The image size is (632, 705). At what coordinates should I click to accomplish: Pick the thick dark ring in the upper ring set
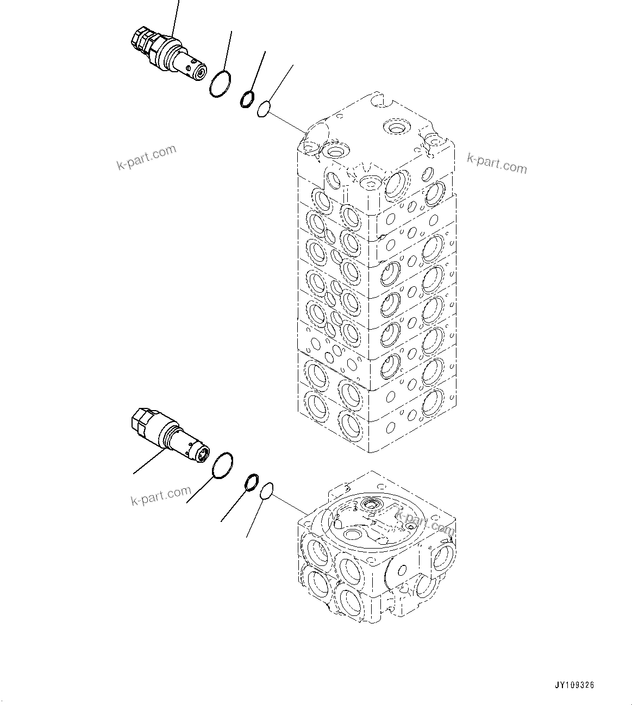click(x=247, y=98)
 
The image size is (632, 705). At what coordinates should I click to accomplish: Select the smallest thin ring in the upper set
click(x=264, y=108)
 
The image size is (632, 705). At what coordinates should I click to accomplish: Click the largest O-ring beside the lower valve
click(x=222, y=467)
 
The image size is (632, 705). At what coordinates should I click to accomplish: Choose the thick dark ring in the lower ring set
click(x=252, y=481)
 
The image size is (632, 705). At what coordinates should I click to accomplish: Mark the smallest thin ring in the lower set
click(x=266, y=491)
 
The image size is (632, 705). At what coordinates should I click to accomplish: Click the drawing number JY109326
click(x=575, y=685)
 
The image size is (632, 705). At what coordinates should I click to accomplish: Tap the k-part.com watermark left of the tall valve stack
click(x=147, y=158)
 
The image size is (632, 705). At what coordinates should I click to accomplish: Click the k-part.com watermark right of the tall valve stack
click(x=497, y=163)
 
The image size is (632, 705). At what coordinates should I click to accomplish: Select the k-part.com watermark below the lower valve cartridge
click(x=161, y=495)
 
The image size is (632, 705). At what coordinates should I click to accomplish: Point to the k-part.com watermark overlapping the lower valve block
click(x=424, y=522)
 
